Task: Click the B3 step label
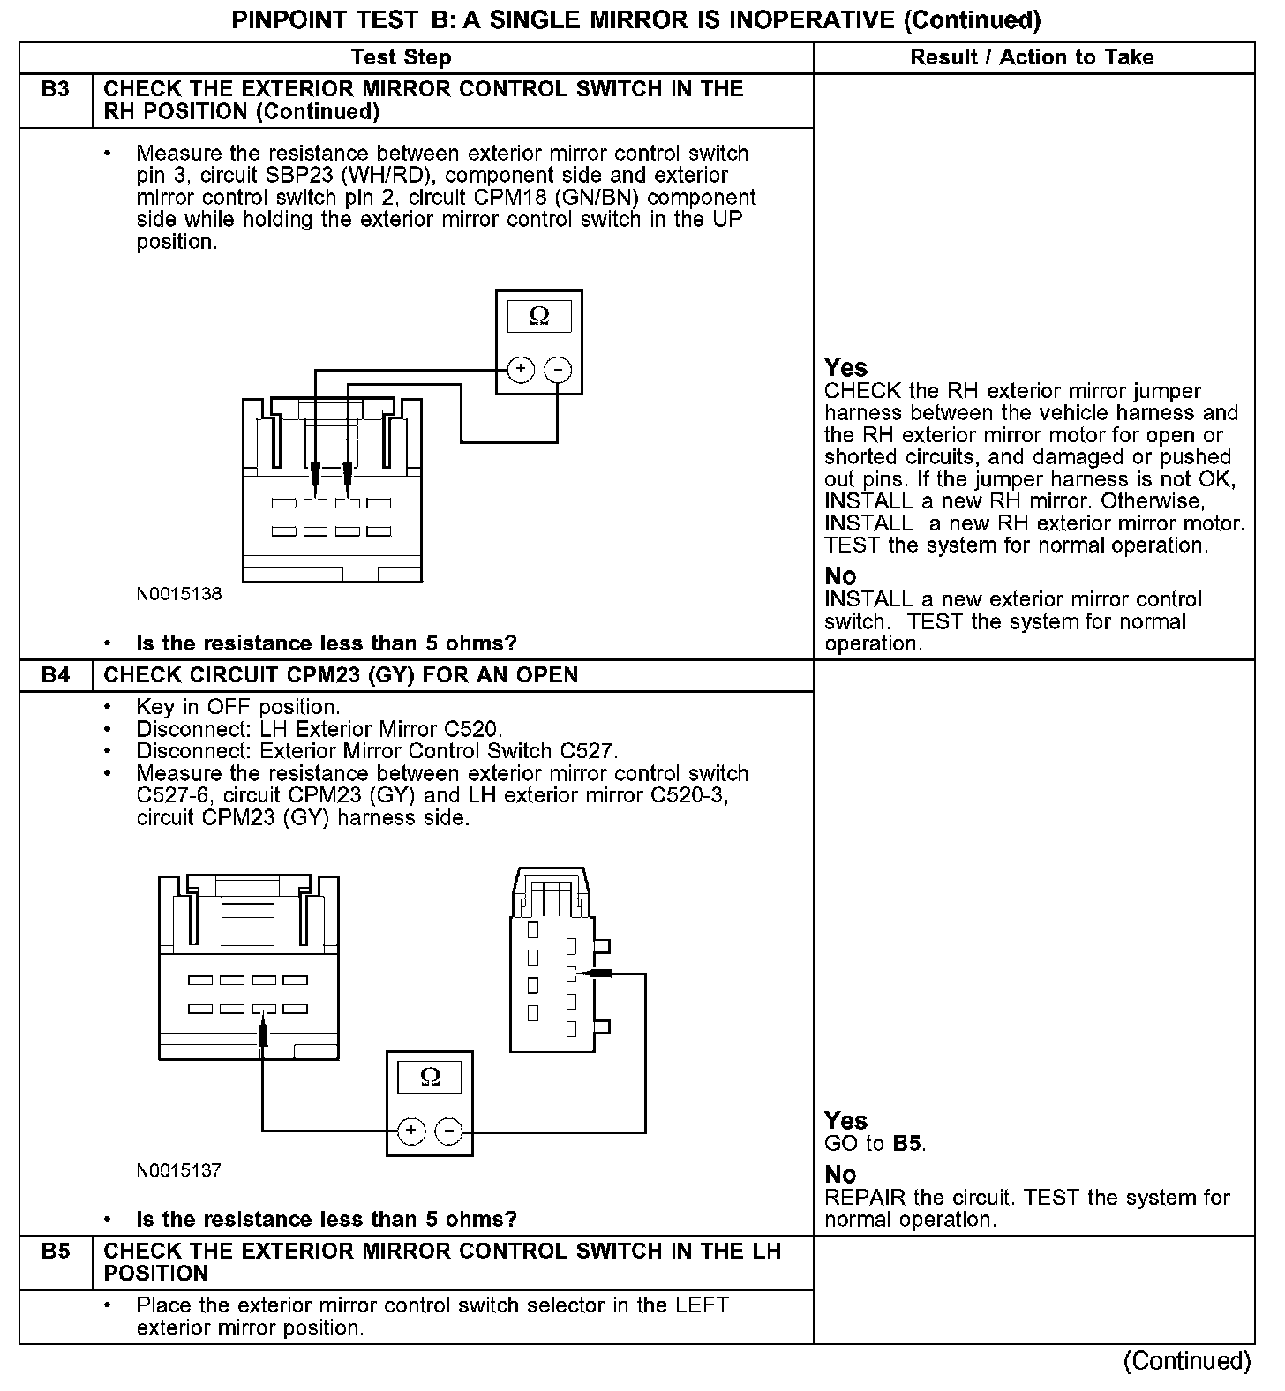tap(55, 89)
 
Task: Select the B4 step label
tap(55, 675)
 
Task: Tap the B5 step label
tap(55, 1252)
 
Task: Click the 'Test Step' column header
tap(401, 57)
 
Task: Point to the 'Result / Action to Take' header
tap(1032, 57)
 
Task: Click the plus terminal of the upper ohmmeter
tap(521, 369)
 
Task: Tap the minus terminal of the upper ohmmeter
tap(557, 369)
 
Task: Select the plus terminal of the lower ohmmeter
tap(411, 1131)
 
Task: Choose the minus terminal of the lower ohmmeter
tap(448, 1131)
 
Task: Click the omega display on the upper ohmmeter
tap(538, 316)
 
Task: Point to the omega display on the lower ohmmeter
tap(430, 1077)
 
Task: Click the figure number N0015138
tap(179, 594)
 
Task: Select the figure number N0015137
tap(179, 1170)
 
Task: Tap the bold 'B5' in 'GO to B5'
tap(908, 1144)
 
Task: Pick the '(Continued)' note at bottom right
tap(1187, 1361)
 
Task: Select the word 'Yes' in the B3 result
tap(845, 368)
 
